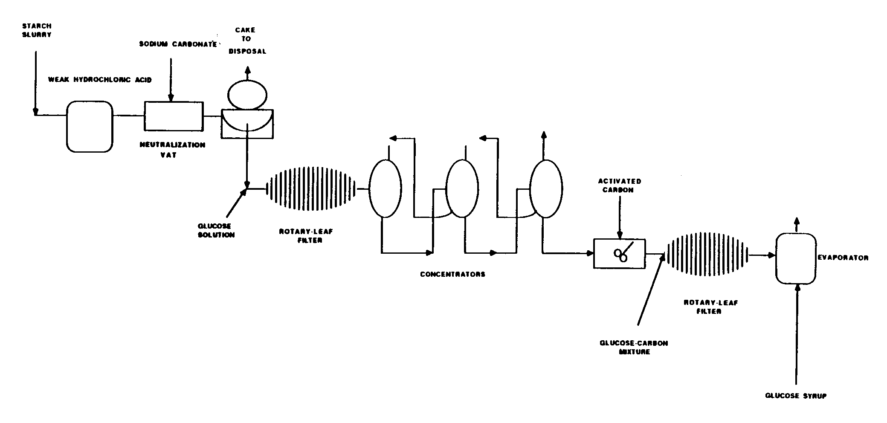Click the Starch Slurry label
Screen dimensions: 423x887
(37, 30)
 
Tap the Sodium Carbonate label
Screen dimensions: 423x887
(178, 44)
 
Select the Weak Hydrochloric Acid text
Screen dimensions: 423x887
(100, 80)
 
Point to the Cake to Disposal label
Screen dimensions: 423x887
(247, 41)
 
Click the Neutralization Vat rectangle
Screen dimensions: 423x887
(174, 116)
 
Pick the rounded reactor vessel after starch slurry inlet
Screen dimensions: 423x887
(90, 126)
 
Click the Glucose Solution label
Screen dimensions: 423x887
(216, 231)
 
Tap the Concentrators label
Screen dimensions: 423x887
(452, 274)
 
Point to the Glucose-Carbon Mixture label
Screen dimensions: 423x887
(634, 348)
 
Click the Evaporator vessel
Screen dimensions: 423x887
(795, 258)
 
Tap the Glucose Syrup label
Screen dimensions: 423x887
(796, 396)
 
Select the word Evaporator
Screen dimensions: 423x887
(843, 258)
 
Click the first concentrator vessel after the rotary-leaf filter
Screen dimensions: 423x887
(385, 188)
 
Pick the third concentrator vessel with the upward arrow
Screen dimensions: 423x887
(545, 188)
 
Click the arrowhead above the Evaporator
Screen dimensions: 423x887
(796, 222)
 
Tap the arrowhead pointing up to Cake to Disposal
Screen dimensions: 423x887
(247, 70)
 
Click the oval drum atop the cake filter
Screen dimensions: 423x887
(247, 93)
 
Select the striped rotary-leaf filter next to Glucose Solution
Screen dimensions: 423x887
(310, 188)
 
